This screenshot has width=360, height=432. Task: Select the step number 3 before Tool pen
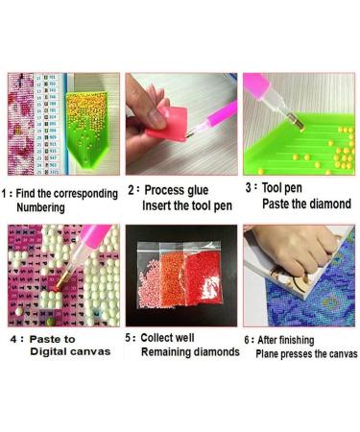248,189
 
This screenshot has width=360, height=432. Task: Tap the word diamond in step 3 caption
330,204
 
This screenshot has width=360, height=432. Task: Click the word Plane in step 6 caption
270,353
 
